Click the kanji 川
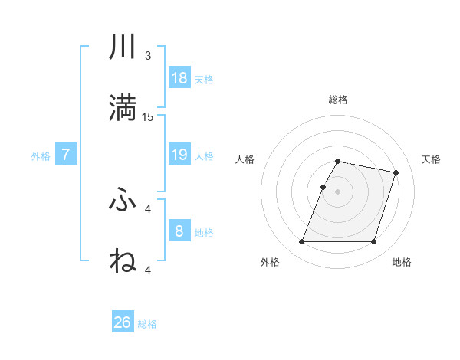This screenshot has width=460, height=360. [x=123, y=48]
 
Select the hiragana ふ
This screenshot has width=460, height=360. [x=123, y=201]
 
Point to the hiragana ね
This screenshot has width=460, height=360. [x=123, y=261]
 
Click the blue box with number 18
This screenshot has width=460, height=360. [x=179, y=78]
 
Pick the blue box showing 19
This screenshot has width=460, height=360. [x=179, y=155]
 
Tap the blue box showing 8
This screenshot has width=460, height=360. [x=179, y=231]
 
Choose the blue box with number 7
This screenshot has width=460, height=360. [x=66, y=155]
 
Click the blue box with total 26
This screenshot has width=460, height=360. [x=123, y=322]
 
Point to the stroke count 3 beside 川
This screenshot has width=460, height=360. [x=148, y=56]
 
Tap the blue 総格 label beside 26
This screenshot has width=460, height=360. [x=147, y=324]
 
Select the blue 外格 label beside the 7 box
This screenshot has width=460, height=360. [x=41, y=156]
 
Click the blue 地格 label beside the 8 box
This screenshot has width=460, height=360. [x=204, y=233]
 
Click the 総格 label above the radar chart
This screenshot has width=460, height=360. [x=338, y=100]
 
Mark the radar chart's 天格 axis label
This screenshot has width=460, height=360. [x=431, y=159]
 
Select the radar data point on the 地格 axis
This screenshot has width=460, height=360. [x=373, y=242]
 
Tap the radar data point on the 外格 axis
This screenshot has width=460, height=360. [x=302, y=242]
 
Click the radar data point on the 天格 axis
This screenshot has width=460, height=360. [x=396, y=173]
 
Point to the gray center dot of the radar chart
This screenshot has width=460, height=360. [x=338, y=191]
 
